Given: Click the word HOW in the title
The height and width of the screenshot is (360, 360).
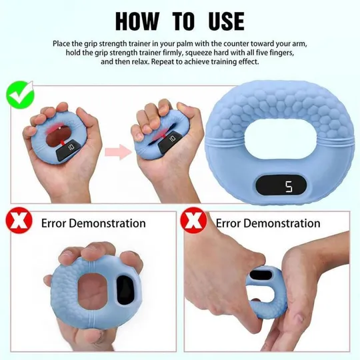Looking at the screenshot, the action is click(137, 21).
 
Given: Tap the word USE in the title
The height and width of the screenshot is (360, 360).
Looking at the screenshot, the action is click(227, 21).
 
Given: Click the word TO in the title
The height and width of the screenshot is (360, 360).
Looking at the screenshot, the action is click(183, 21).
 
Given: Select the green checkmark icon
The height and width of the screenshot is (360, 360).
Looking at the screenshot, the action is click(20, 95).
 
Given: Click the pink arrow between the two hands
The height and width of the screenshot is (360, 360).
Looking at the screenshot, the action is click(119, 152).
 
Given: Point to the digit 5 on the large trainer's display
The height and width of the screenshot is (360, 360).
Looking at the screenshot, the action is click(289, 187).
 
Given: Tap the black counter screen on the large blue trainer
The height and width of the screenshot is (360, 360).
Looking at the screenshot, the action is click(281, 186).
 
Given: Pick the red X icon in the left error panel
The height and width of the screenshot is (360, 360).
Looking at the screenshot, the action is click(19, 221).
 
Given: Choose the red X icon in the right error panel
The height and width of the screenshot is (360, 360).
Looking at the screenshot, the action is click(193, 221).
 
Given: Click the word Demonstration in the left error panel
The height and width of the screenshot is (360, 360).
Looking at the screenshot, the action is click(107, 223).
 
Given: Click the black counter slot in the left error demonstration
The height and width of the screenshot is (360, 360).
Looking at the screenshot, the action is click(125, 290).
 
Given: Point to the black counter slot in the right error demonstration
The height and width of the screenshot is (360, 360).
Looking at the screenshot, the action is click(261, 275).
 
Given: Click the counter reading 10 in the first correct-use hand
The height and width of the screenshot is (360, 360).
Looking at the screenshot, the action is click(71, 147).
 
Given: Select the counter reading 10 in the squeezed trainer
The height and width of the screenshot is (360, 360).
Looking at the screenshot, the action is click(172, 139).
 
